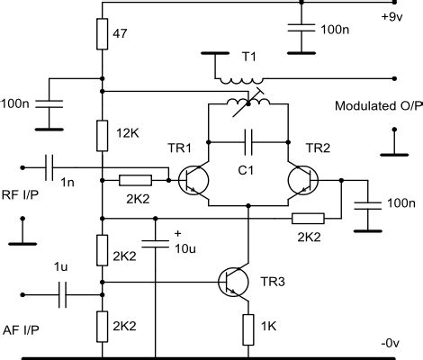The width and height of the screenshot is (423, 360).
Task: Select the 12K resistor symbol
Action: point(103,134)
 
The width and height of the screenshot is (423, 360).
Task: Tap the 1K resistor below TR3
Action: point(248,329)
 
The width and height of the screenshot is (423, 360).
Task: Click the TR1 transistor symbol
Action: point(193,180)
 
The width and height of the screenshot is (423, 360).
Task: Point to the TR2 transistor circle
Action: point(303,180)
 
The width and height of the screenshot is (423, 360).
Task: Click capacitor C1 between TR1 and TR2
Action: point(248,141)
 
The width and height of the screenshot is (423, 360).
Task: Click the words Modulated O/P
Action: point(370,106)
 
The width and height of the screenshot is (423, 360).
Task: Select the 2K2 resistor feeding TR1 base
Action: point(136,180)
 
